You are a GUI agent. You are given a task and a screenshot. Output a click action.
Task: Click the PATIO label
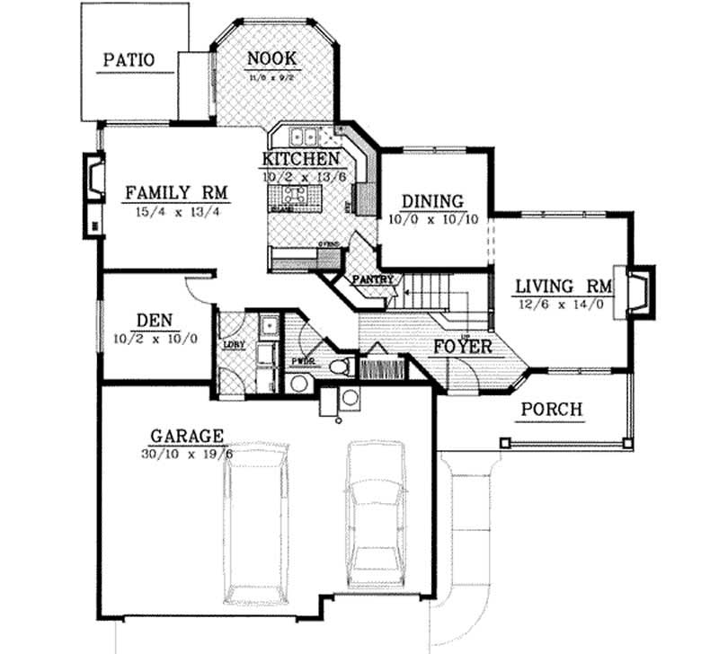click(129, 60)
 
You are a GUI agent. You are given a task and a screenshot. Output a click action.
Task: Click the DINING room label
click(432, 201)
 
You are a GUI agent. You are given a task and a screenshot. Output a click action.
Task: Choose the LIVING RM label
click(564, 287)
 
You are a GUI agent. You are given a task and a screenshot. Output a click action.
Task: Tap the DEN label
click(155, 320)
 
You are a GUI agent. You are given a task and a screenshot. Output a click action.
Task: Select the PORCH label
click(553, 410)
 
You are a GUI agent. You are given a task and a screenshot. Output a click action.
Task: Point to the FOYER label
click(463, 345)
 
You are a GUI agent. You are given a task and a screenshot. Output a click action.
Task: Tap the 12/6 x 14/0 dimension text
click(564, 305)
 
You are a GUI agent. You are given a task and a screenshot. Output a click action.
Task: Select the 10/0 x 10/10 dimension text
click(432, 218)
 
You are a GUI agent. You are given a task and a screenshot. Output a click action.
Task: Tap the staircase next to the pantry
click(431, 293)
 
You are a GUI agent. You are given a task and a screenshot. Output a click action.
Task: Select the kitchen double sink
click(302, 137)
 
